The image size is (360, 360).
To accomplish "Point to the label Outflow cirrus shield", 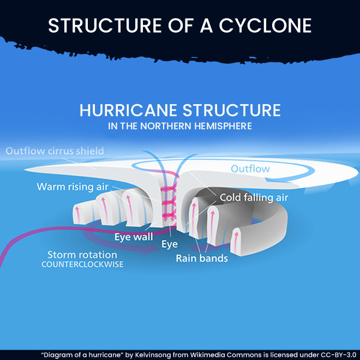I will coord(55,151).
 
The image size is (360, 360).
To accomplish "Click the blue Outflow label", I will coord(250,169).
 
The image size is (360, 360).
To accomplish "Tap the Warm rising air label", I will coord(73,187).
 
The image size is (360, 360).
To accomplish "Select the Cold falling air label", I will coord(254,197).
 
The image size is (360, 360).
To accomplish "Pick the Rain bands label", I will coord(201,258).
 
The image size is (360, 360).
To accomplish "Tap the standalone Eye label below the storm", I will coord(169,244).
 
